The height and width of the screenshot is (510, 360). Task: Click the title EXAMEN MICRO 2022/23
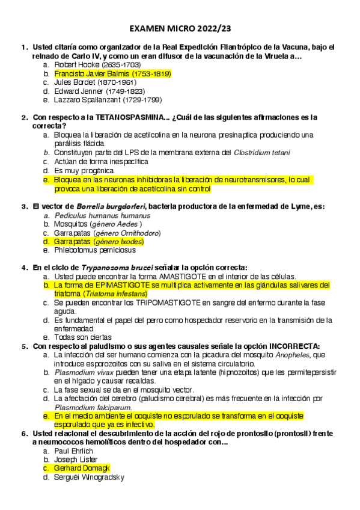pyautogui.click(x=180, y=29)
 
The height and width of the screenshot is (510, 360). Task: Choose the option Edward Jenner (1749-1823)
pyautogui.click(x=99, y=91)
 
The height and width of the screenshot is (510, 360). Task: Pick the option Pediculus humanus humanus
pyautogui.click(x=94, y=215)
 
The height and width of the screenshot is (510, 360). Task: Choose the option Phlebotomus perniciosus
pyautogui.click(x=94, y=250)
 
